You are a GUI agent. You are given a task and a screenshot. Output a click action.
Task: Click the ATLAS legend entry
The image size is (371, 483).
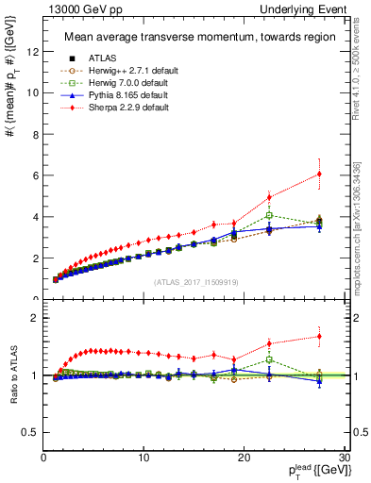coord(95,58)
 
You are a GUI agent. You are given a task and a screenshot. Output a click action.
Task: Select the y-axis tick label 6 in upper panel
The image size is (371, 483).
coord(35,175)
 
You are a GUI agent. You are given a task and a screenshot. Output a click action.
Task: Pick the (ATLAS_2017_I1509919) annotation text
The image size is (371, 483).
coord(193,282)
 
